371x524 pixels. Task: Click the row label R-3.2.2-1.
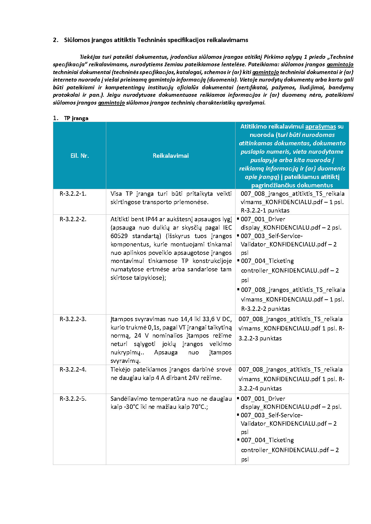click(x=73, y=194)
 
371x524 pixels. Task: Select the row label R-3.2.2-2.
click(x=73, y=219)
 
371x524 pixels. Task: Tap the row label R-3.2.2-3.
click(x=73, y=319)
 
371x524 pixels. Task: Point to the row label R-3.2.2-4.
click(x=73, y=369)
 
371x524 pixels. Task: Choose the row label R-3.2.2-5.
click(x=73, y=399)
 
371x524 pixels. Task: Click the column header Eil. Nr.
click(x=79, y=156)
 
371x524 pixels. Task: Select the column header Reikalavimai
click(x=170, y=156)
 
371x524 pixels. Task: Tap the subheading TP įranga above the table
click(x=76, y=118)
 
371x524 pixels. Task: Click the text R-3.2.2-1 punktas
click(x=265, y=210)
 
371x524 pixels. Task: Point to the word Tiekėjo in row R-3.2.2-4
click(x=120, y=369)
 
